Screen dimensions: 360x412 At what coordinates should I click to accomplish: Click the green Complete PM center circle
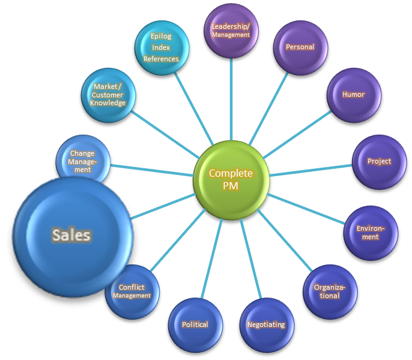[x=231, y=178]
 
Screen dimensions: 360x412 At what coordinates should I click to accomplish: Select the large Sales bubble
[x=71, y=234]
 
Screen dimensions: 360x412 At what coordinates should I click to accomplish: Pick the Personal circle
[x=300, y=47]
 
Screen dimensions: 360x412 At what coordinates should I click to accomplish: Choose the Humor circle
[x=353, y=95]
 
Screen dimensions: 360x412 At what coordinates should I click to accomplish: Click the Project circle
[x=379, y=161]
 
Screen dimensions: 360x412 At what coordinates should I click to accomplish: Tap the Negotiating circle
[x=265, y=325]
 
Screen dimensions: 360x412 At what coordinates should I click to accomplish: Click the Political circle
[x=195, y=325]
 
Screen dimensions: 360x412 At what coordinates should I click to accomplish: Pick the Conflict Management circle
[x=133, y=292]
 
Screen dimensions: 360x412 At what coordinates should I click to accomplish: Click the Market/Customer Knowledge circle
[x=108, y=95]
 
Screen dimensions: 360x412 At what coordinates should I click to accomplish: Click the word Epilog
[x=161, y=36]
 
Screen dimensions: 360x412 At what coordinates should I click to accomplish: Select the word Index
[x=161, y=47]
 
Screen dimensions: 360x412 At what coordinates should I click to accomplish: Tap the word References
[x=161, y=59]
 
